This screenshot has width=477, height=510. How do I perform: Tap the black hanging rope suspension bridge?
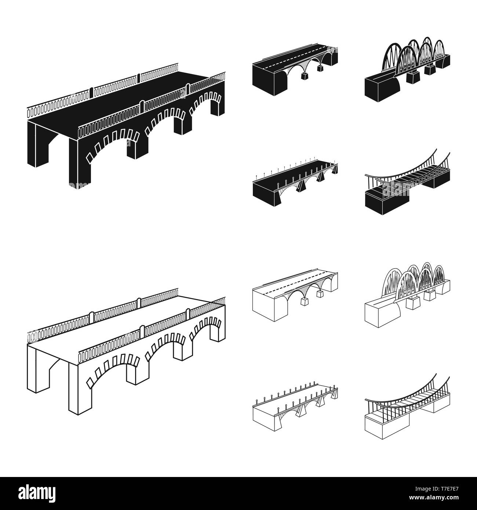[x=407, y=183]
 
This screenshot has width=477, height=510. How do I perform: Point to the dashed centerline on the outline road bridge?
[x=294, y=284]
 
